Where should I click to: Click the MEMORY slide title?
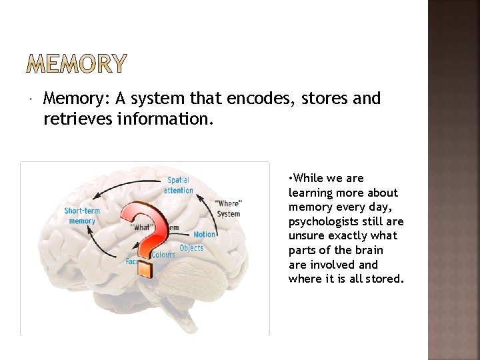pyautogui.click(x=77, y=65)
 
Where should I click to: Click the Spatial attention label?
pyautogui.click(x=178, y=185)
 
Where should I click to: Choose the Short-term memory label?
pyautogui.click(x=82, y=216)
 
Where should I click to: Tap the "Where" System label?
pyautogui.click(x=229, y=208)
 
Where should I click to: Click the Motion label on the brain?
pyautogui.click(x=205, y=235)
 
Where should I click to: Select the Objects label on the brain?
pyautogui.click(x=191, y=248)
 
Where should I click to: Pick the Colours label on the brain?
pyautogui.click(x=163, y=255)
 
